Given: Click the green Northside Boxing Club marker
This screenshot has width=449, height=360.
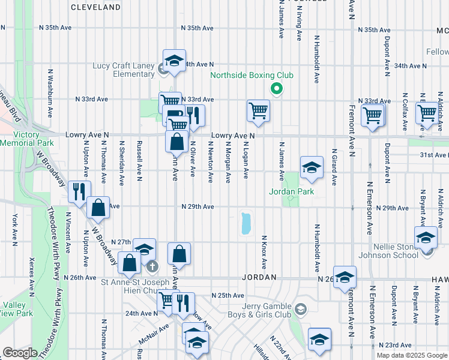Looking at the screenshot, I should pyautogui.click(x=276, y=89).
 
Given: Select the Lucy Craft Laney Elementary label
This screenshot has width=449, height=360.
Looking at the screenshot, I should pyautogui.click(x=124, y=70).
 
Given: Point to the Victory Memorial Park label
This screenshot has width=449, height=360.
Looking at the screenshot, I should pyautogui.click(x=27, y=139).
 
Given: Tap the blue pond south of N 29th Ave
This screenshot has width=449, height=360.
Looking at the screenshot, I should pyautogui.click(x=245, y=223).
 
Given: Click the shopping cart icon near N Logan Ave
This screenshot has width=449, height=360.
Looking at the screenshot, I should pyautogui.click(x=258, y=110).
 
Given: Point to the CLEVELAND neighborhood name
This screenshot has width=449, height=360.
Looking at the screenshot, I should pyautogui.click(x=95, y=8).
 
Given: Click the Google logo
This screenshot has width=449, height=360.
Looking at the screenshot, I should pyautogui.click(x=20, y=353).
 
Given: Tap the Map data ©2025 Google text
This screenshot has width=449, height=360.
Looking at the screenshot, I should pyautogui.click(x=411, y=355).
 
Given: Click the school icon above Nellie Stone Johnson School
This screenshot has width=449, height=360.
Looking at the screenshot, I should pyautogui.click(x=426, y=237).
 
